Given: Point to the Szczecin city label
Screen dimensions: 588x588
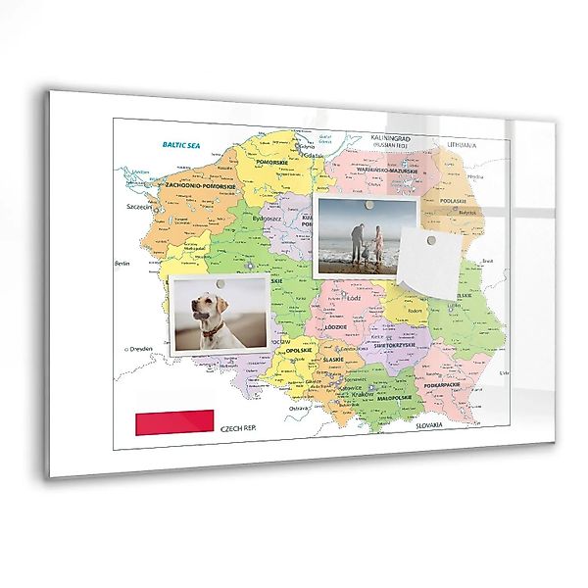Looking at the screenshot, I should [x=136, y=208].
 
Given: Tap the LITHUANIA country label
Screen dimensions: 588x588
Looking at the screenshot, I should [x=463, y=145].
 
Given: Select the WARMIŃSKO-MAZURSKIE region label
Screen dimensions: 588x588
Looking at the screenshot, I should [x=388, y=170].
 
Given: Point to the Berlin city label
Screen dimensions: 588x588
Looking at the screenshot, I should [x=122, y=263].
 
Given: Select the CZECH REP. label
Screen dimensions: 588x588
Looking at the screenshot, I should [x=239, y=428].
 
